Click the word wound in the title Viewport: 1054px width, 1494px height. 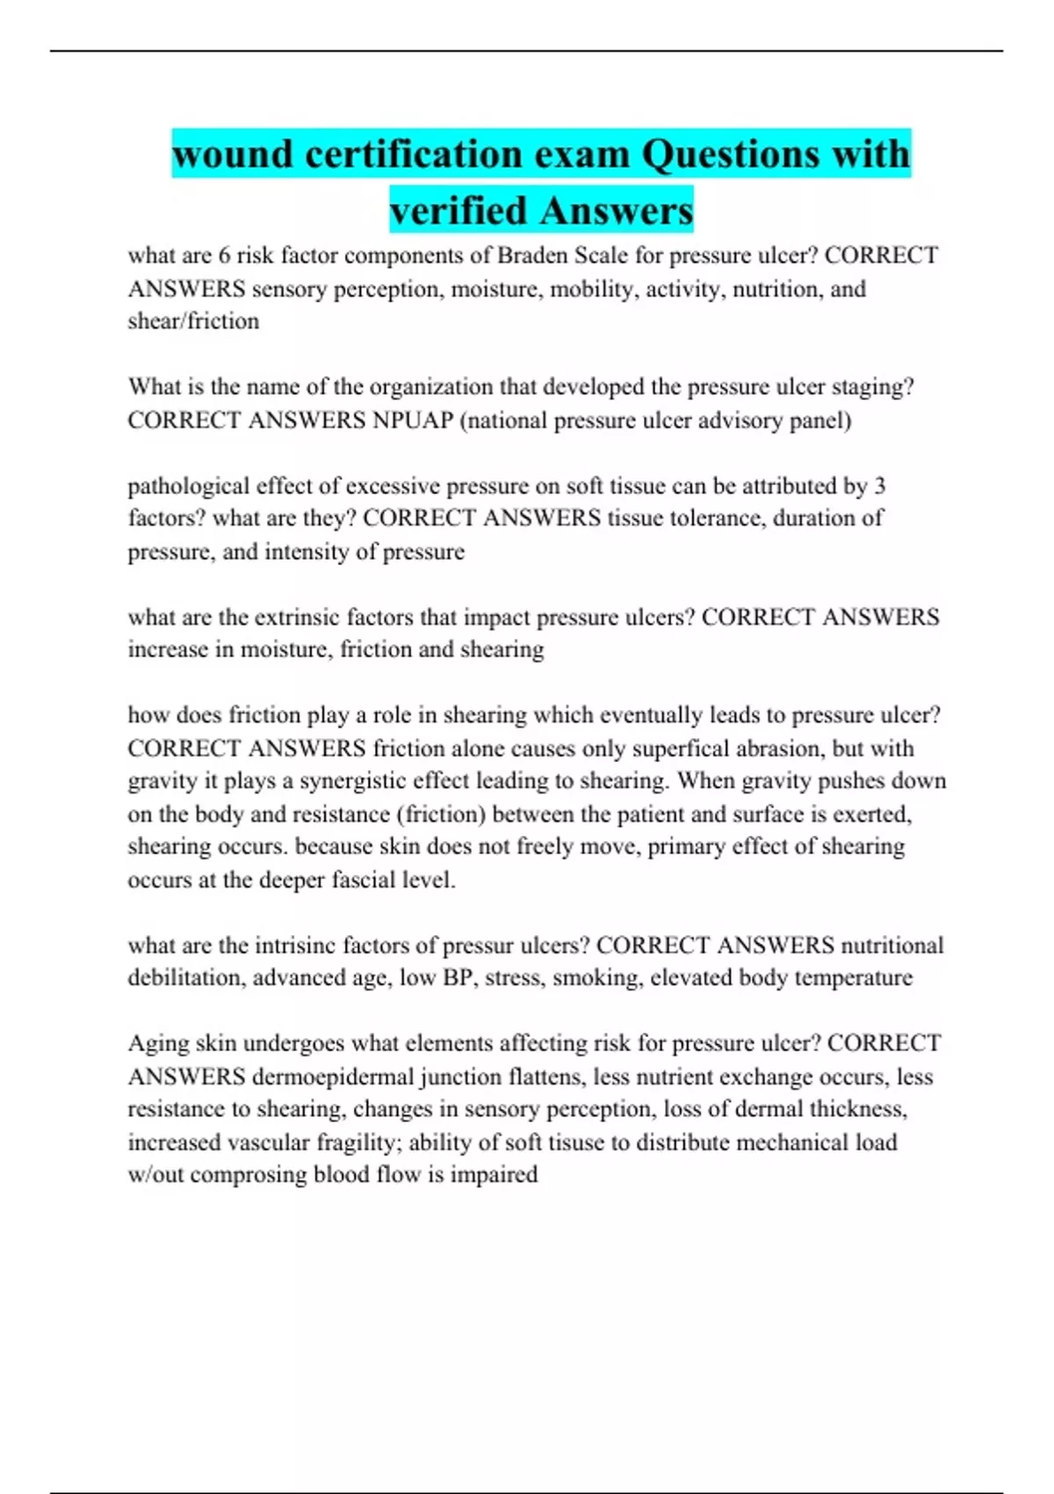coord(232,155)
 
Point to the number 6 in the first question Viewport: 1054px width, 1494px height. coord(224,256)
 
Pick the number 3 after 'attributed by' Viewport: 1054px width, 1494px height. coord(879,486)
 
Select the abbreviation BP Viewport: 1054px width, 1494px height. coord(458,978)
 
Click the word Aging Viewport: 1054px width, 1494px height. coord(158,1044)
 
